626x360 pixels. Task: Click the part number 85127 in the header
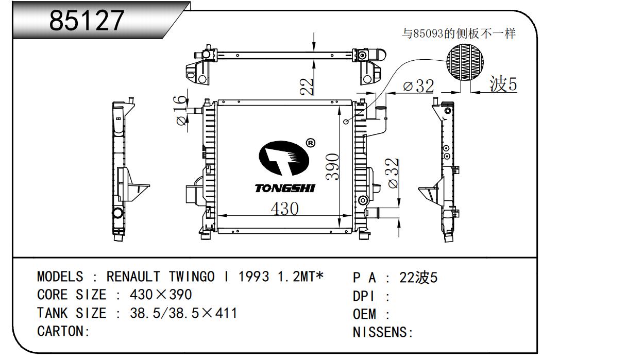coord(87,21)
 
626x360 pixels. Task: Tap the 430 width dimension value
coord(284,208)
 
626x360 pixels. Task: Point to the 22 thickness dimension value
coord(307,86)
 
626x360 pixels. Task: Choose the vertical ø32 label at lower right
coord(393,173)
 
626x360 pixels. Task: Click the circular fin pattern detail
coord(465,61)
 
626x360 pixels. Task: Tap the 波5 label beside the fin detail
coord(503,84)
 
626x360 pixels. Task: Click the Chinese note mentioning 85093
coord(459,34)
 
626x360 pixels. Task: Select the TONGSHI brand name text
coord(284,188)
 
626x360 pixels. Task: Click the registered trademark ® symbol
coord(310,143)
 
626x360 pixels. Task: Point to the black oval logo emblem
coord(283,158)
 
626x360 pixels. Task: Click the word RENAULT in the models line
coord(127,277)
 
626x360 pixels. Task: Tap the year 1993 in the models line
coord(253,277)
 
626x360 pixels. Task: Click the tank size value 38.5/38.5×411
coord(183,313)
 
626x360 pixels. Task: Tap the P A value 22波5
coord(418,278)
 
